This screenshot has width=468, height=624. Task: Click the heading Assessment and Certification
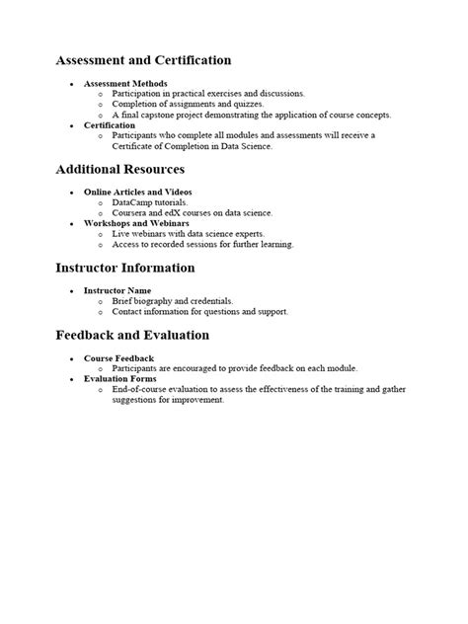pos(143,61)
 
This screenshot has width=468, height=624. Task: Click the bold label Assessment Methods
pos(125,83)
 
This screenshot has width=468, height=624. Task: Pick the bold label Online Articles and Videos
pos(138,192)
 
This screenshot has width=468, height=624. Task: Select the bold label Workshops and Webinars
pos(135,223)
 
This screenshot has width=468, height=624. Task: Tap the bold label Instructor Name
pos(118,290)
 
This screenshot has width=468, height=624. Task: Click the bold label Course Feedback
pos(119,357)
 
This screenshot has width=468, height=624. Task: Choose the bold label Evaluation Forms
pos(121,378)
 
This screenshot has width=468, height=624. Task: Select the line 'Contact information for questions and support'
pos(200,312)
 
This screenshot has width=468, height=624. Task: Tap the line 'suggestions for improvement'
pos(168,401)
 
